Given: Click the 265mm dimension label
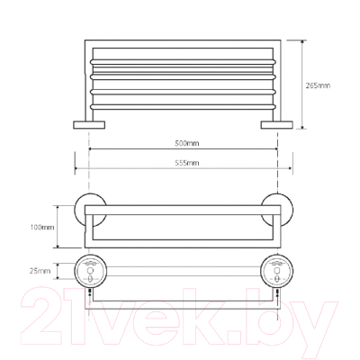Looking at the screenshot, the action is (318, 85).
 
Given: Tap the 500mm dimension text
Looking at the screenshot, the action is (187, 143).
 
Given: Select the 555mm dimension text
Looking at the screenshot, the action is (187, 163).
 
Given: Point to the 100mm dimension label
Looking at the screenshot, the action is (42, 227).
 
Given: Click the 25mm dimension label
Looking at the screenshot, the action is (40, 271).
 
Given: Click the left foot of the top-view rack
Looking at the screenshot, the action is (89, 125).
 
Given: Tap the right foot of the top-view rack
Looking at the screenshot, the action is (276, 125).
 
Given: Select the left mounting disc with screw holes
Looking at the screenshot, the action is (91, 272).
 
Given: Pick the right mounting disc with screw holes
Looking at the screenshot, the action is (277, 272).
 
